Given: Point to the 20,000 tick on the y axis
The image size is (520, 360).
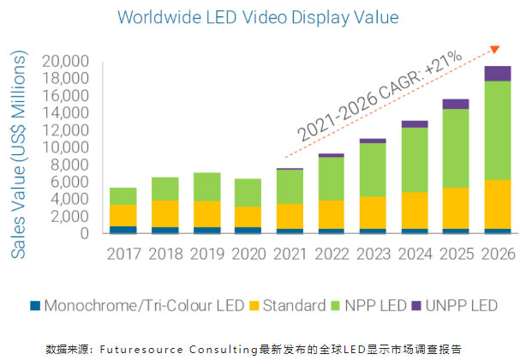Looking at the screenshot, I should coord(66,62).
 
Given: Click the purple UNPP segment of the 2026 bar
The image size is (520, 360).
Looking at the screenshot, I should coord(497,74).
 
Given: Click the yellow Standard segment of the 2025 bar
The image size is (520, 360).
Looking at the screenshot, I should coord(456,208).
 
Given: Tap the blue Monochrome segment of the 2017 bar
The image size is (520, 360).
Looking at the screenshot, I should coord(123,230).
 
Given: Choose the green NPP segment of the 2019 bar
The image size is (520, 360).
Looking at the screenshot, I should coord(206,187).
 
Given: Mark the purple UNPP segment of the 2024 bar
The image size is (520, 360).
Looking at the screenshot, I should coord(415,124).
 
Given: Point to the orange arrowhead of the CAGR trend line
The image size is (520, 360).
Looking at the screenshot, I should coord(493,50).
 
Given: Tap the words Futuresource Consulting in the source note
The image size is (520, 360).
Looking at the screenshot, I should coord(175,349).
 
